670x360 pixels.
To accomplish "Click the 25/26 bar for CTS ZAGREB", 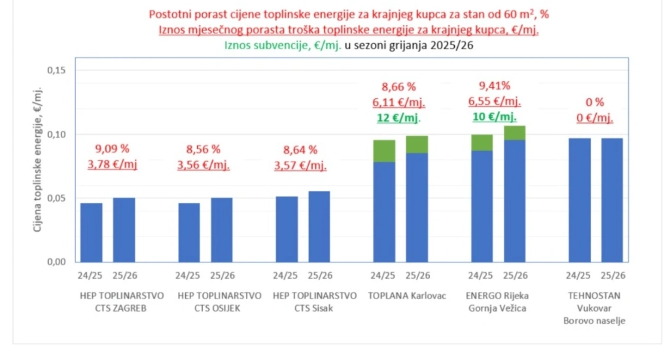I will tap(124, 230).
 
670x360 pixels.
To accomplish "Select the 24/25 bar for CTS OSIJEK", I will tap(189, 232).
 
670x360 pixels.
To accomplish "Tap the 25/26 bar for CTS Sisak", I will tap(319, 226).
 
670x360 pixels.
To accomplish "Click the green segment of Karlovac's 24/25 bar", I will tap(383, 151).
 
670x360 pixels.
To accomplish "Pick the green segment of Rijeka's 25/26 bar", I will tap(514, 133).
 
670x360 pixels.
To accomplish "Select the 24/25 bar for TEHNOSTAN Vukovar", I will tap(580, 200).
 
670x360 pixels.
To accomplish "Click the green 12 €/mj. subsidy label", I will tap(397, 118).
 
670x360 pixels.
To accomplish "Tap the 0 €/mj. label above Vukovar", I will tap(595, 118).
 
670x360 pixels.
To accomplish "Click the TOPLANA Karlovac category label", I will tap(407, 295).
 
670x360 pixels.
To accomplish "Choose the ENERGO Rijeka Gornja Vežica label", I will tap(497, 302).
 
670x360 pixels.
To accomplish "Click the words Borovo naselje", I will tap(595, 321).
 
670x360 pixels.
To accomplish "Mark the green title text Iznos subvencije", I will tap(282, 45).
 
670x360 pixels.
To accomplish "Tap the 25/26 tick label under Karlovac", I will tap(417, 275).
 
